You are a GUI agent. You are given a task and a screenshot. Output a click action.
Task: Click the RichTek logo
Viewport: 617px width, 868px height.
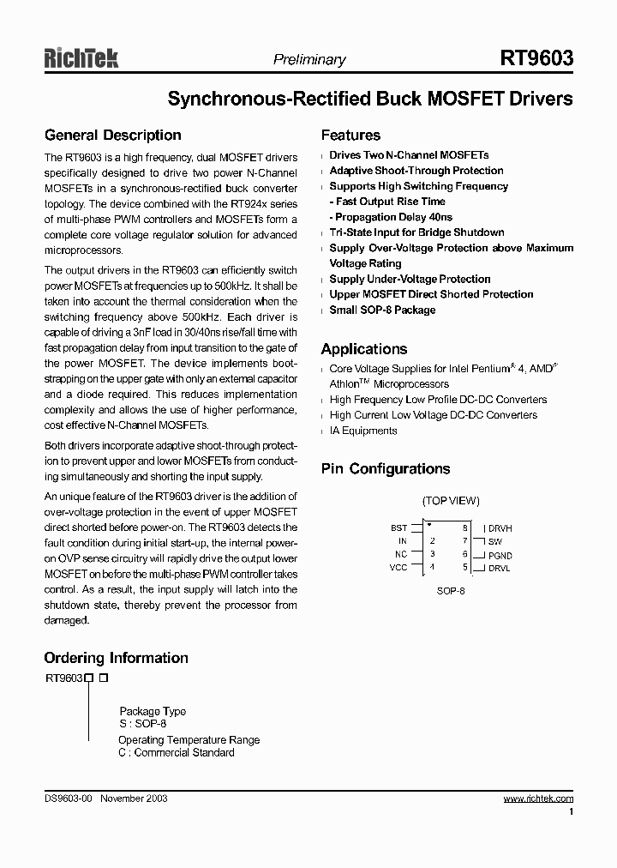tap(81, 57)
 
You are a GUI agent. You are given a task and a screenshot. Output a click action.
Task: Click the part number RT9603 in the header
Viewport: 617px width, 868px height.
tap(536, 58)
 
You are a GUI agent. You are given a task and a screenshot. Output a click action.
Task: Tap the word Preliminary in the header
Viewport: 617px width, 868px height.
tap(309, 60)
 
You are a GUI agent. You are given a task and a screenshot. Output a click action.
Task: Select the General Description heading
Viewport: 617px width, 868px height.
tap(112, 136)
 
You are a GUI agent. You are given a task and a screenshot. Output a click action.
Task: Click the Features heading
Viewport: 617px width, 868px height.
tap(350, 136)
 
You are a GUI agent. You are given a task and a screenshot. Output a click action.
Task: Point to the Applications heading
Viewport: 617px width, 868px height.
tap(363, 349)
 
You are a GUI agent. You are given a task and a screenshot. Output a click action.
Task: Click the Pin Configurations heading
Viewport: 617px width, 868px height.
tap(385, 469)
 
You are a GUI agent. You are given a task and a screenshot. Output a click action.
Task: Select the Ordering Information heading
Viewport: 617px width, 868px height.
tap(116, 659)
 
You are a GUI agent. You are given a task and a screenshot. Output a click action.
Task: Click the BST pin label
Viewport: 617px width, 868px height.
tap(398, 528)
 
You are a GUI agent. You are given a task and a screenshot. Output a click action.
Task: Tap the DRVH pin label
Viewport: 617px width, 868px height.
tap(500, 528)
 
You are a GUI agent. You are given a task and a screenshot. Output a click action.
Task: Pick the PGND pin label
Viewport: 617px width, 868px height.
tap(500, 556)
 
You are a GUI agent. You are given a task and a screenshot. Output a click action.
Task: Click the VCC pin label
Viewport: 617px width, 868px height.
tap(398, 568)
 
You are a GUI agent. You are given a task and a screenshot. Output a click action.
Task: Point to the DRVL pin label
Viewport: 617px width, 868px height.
tap(500, 569)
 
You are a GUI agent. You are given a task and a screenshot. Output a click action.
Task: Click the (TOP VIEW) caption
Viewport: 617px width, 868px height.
tap(451, 501)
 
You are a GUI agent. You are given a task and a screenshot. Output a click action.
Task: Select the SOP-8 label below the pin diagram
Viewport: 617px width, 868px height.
tap(451, 591)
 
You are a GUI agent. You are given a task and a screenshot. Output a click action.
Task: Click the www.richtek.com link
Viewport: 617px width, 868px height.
tap(538, 799)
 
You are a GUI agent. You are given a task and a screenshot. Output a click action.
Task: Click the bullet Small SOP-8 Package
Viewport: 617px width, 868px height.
tap(382, 310)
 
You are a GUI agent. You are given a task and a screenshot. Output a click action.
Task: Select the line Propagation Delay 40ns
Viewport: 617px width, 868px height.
tap(393, 217)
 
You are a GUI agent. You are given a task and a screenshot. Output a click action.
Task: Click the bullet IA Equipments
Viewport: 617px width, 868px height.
tap(363, 431)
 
